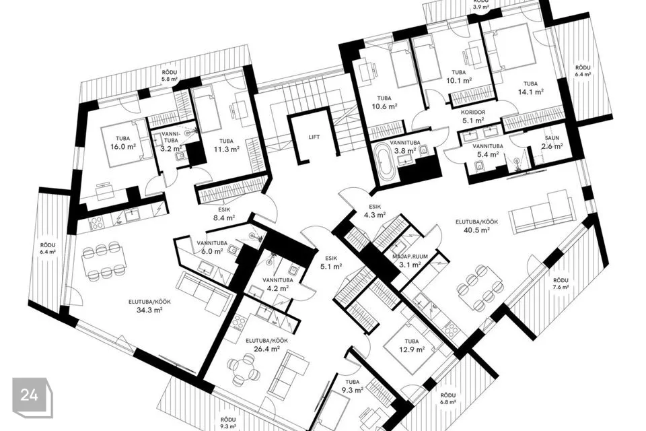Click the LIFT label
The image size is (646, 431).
point(314,137)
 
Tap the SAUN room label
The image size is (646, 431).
point(552,138)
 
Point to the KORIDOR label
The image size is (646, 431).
point(473,112)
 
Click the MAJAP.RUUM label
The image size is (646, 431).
point(410,257)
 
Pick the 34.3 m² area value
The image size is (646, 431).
point(149,310)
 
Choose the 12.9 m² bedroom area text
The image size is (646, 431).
point(412,350)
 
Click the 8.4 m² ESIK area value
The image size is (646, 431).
point(225,218)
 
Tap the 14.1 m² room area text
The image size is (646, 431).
point(531,92)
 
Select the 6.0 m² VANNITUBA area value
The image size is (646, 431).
point(213,251)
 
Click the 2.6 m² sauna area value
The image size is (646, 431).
point(552,146)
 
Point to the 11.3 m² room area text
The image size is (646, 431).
point(227,150)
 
